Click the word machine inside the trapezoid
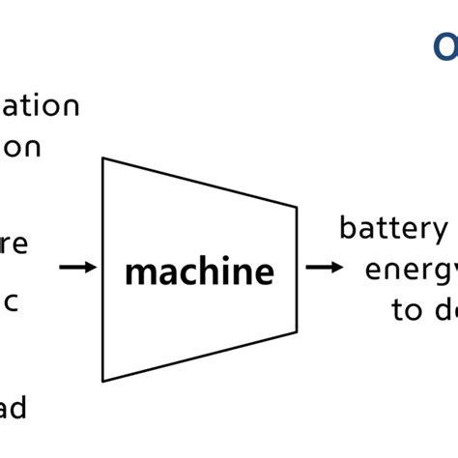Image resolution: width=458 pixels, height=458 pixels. (199, 272)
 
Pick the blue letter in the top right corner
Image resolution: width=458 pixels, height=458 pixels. (445, 46)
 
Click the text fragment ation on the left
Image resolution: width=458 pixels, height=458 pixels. (40, 105)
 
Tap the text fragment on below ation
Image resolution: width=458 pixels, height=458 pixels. (25, 147)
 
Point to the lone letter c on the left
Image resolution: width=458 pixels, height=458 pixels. (13, 299)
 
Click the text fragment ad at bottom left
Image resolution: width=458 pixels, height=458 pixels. (13, 408)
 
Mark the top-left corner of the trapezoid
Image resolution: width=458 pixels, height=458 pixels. (103, 157)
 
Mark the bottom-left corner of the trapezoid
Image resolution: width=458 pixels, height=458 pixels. (103, 381)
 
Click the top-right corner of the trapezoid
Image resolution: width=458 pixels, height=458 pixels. (297, 205)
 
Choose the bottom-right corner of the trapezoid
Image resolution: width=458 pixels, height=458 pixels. (297, 331)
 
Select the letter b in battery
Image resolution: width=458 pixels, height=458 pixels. (347, 228)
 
